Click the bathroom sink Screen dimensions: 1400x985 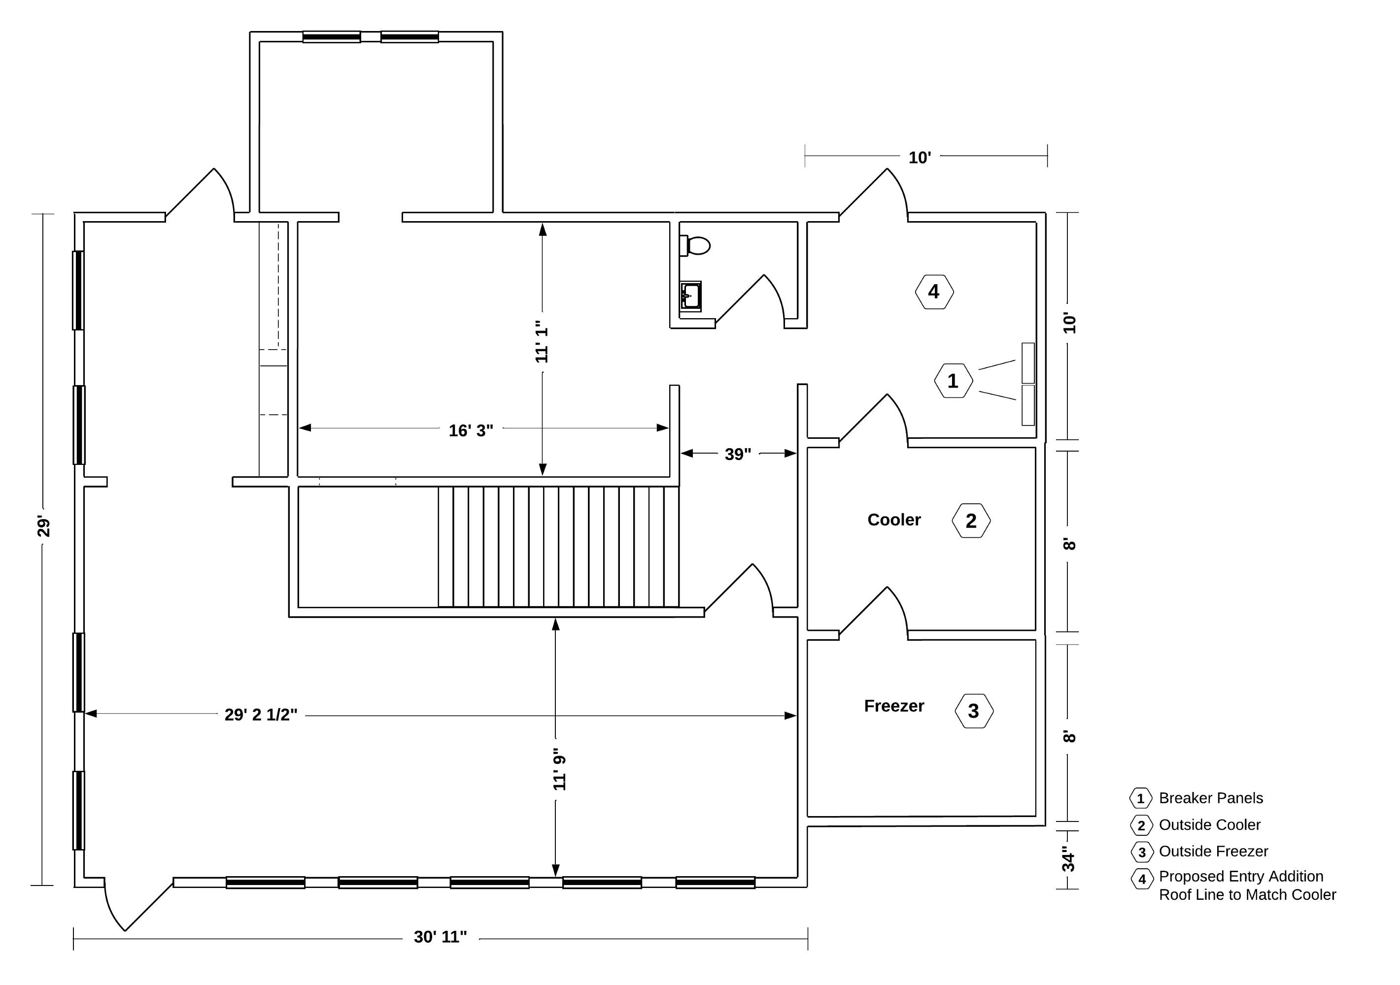(x=691, y=296)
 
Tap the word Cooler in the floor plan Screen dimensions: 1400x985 (x=894, y=520)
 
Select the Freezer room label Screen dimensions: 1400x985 (x=894, y=706)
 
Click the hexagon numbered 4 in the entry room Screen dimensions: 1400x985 (x=934, y=292)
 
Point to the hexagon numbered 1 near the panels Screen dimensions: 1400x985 (x=953, y=381)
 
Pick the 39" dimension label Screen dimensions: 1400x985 (x=738, y=454)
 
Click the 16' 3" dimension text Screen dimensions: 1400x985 (x=471, y=430)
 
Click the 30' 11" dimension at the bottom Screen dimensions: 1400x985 (x=440, y=937)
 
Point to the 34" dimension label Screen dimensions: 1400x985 (x=1069, y=859)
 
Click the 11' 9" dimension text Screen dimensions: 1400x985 (x=560, y=770)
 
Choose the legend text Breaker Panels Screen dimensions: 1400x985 (x=1211, y=798)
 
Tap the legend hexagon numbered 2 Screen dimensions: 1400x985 (x=1141, y=825)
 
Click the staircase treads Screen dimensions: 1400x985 (x=558, y=547)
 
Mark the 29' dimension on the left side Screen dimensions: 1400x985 (x=43, y=526)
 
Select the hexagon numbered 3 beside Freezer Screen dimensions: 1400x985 (x=974, y=711)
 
